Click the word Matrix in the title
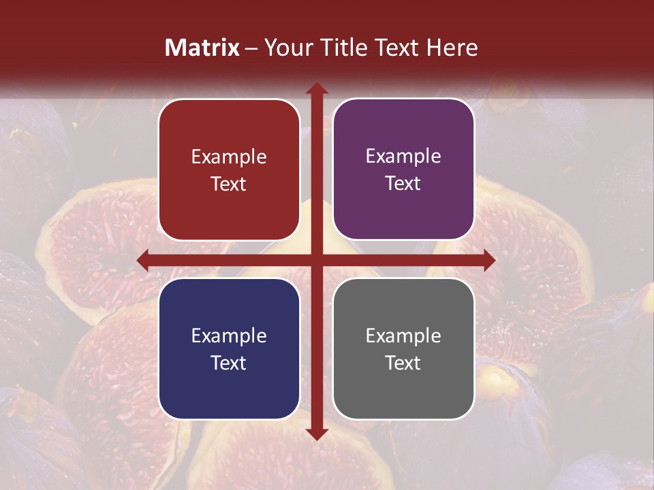pos(202,48)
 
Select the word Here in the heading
pos(452,48)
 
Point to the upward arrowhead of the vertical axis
pos(317,89)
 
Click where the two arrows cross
pos(317,261)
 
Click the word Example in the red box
pos(229,157)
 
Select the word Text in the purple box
pos(403,184)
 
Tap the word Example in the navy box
pos(229,336)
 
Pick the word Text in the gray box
pos(403,363)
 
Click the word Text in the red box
pos(229,184)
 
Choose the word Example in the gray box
pos(403,336)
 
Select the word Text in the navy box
pos(229,363)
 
